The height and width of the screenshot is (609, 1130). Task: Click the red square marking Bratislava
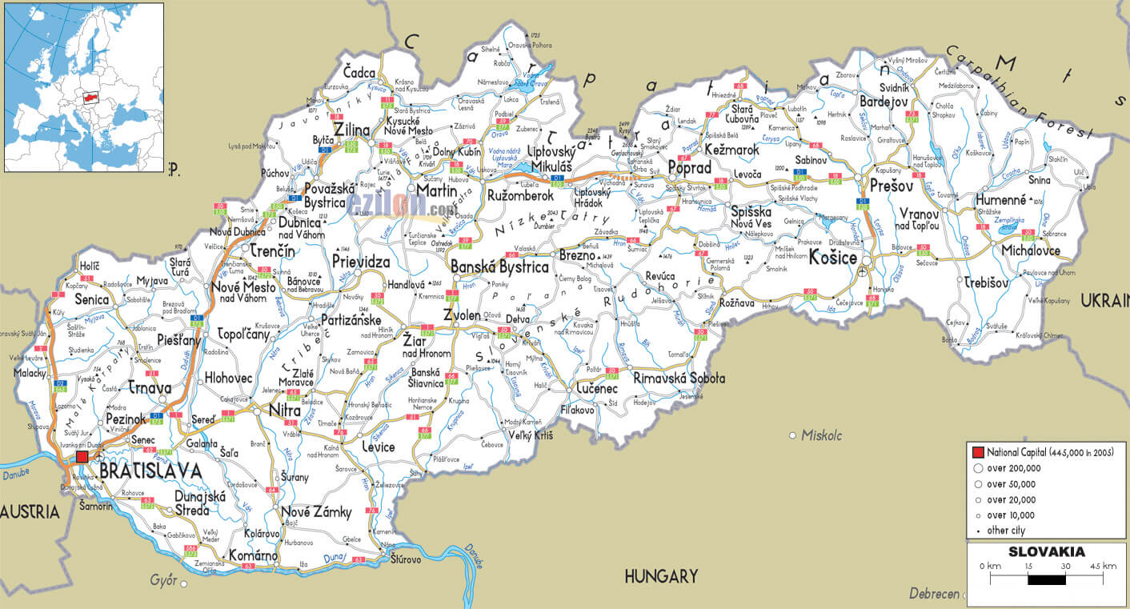coord(82,457)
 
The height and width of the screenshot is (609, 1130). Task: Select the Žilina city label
coord(352,130)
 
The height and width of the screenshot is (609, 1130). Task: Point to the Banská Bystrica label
coord(499,267)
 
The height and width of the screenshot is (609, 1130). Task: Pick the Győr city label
coord(163,579)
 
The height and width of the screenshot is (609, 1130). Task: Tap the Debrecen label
coord(934,594)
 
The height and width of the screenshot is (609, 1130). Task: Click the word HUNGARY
coord(661,575)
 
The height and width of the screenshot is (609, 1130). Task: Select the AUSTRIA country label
coord(30,511)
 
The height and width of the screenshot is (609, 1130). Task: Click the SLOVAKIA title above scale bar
coord(1046,552)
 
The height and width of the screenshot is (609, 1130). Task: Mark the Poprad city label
coord(689,169)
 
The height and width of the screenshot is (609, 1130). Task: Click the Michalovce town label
coord(1031,251)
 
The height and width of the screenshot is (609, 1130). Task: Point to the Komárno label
coord(253,555)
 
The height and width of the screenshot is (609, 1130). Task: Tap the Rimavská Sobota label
coord(679,378)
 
